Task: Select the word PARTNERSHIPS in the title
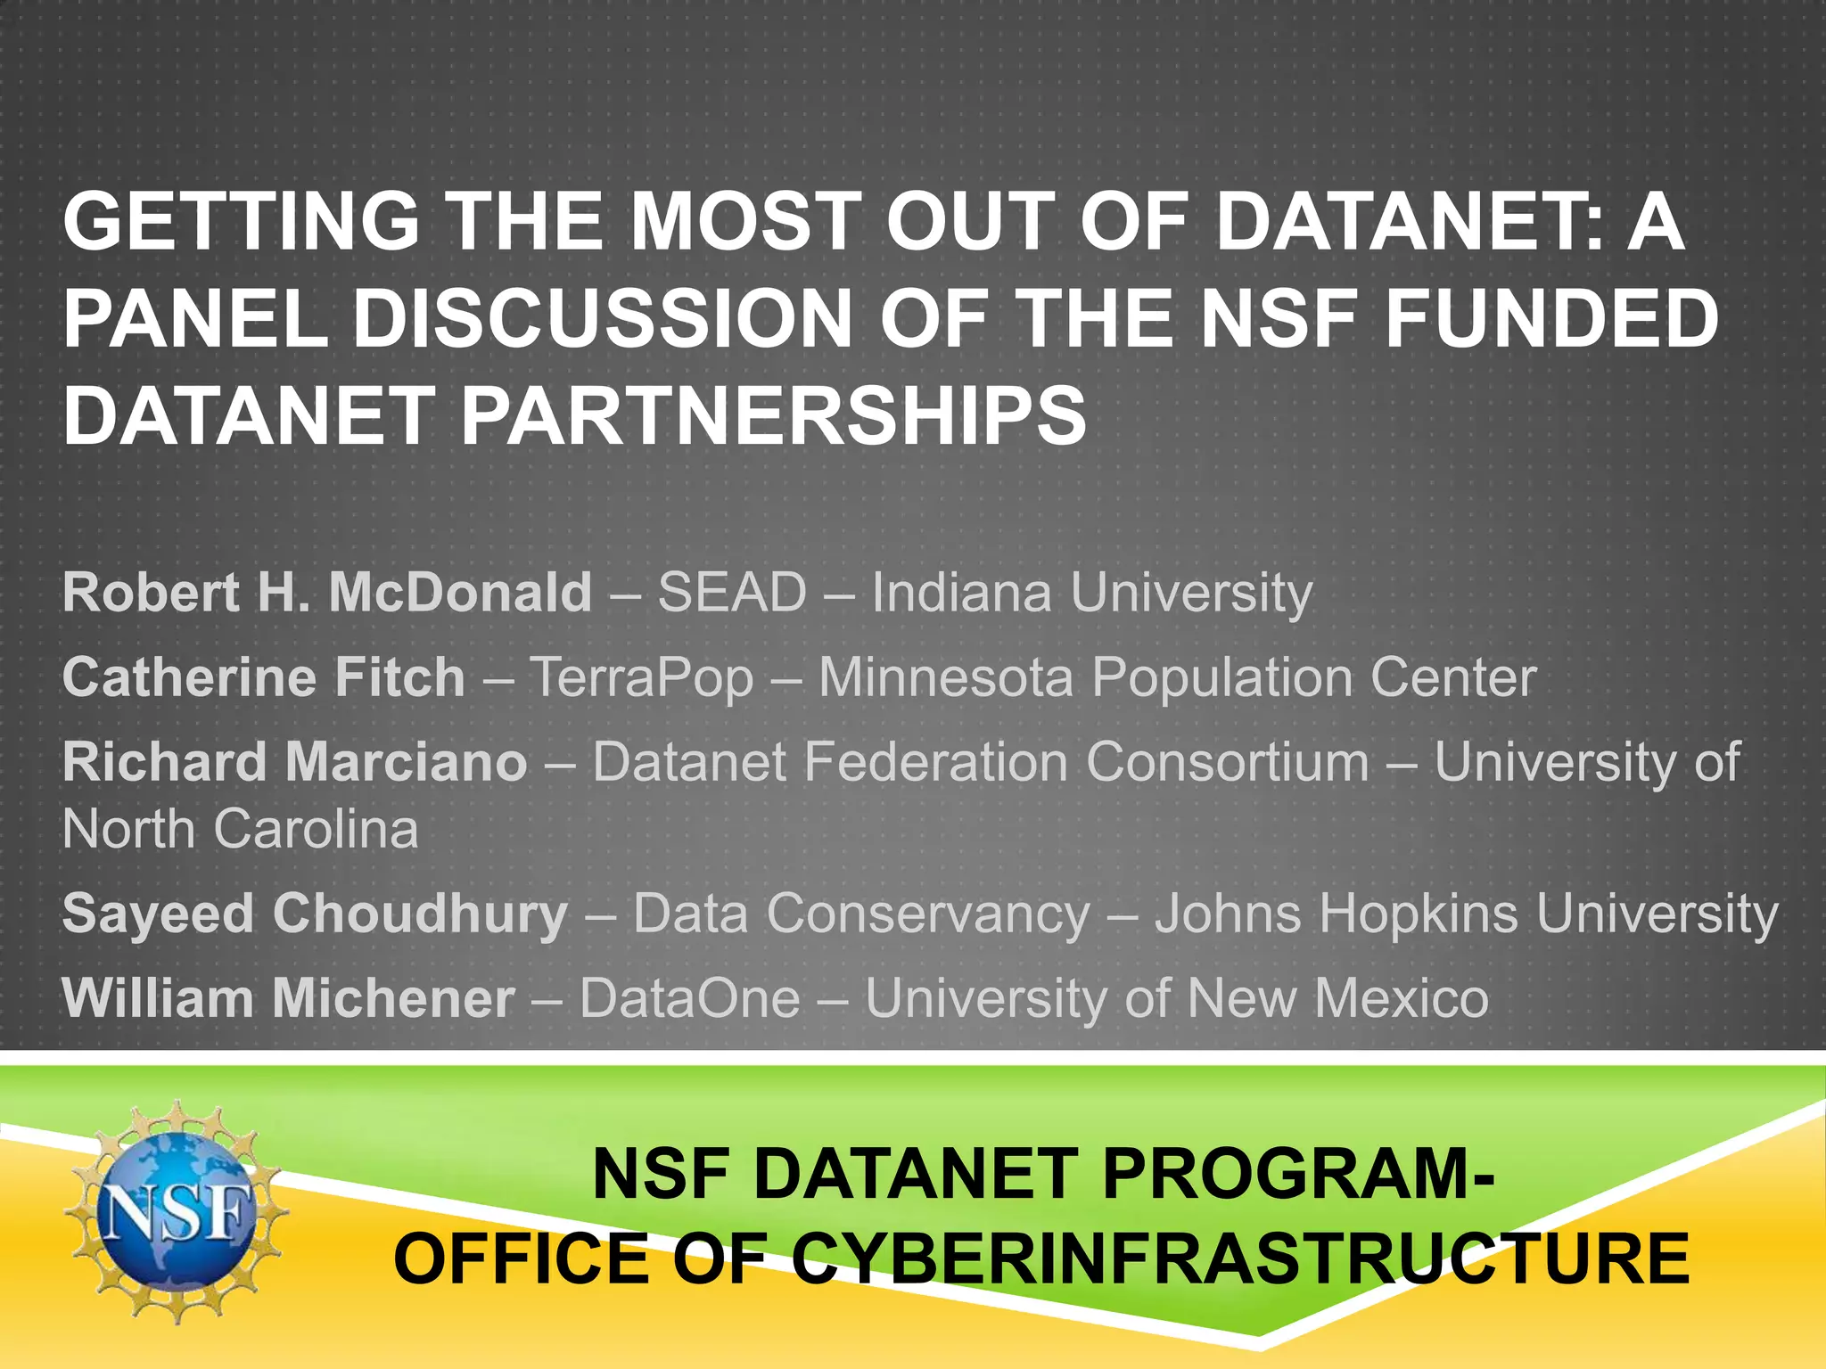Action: pyautogui.click(x=773, y=416)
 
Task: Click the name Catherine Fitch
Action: pyautogui.click(x=264, y=677)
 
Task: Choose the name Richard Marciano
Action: pyautogui.click(x=295, y=763)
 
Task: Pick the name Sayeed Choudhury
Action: pyautogui.click(x=315, y=914)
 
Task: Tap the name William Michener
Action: pyautogui.click(x=289, y=998)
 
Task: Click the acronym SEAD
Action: pyautogui.click(x=732, y=593)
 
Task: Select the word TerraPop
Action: pyautogui.click(x=642, y=677)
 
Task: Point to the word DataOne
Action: pyautogui.click(x=690, y=998)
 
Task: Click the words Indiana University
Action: pyautogui.click(x=1092, y=593)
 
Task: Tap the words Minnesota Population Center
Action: pyautogui.click(x=1178, y=677)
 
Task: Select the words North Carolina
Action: pyautogui.click(x=240, y=830)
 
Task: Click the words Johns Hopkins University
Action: pyautogui.click(x=1467, y=914)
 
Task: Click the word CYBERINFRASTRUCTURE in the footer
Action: pyautogui.click(x=1240, y=1258)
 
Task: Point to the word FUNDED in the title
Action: pyautogui.click(x=1552, y=319)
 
